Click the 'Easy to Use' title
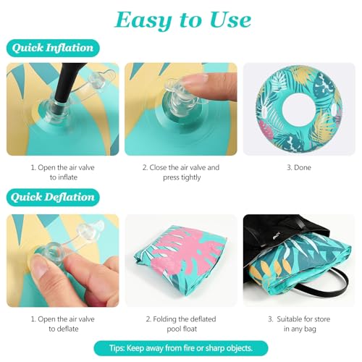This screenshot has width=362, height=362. coord(182,20)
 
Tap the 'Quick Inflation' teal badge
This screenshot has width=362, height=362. coord(53,48)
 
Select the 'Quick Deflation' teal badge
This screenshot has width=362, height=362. coord(53,198)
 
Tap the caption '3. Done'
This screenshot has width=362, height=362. coord(299,167)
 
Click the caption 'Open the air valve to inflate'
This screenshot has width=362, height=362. coord(63,172)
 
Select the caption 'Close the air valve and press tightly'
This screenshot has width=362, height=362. coord(181,172)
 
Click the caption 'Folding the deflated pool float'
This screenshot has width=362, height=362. coord(181,324)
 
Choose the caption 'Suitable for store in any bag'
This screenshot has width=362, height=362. coord(299,324)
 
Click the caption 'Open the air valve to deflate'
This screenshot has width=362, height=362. coord(63,324)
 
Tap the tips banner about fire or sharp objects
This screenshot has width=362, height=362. coord(181,348)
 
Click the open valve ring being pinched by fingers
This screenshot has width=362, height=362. coord(52,251)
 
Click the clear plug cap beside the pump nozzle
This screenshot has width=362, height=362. coord(97,80)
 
